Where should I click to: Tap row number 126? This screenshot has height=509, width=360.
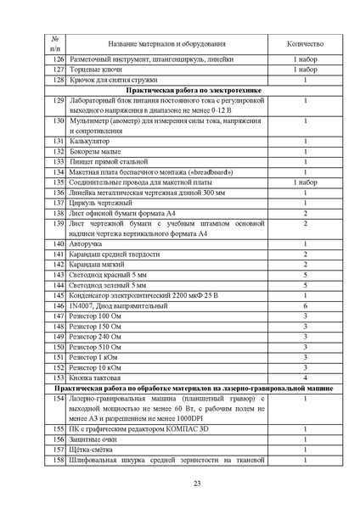click(x=57, y=59)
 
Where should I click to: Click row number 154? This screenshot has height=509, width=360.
click(x=57, y=398)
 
